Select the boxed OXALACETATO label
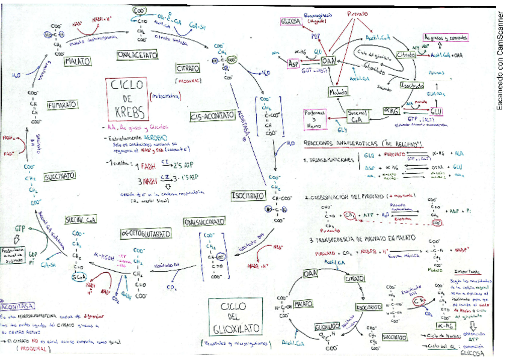pyautogui.click(x=138, y=55)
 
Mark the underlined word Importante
pyautogui.click(x=467, y=272)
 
